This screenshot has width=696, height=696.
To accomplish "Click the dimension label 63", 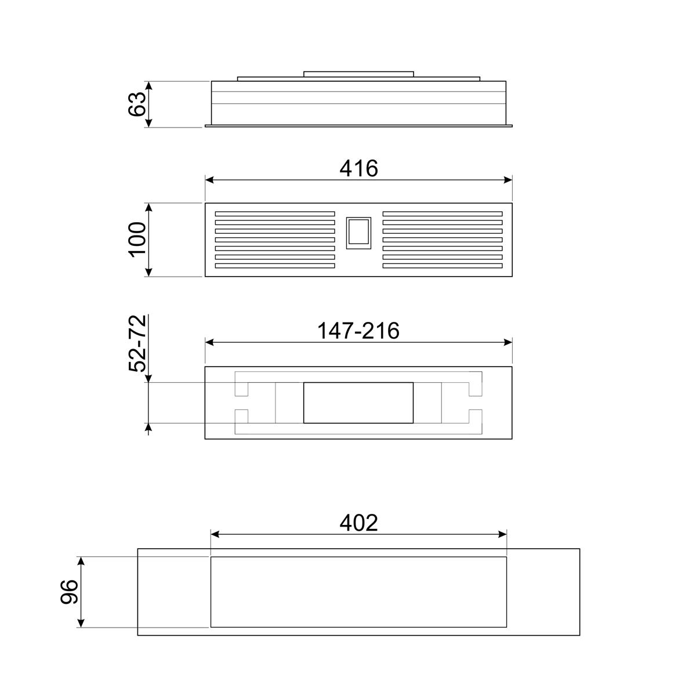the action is click(137, 104).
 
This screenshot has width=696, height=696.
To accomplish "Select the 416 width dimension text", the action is click(358, 168).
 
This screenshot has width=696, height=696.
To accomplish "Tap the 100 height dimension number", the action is click(137, 240).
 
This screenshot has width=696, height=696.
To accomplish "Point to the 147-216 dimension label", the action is click(358, 331).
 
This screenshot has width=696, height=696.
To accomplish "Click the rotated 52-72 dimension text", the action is click(137, 343).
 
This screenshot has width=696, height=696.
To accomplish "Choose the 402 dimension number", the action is click(358, 523).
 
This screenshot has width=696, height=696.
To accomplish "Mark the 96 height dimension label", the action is click(68, 592).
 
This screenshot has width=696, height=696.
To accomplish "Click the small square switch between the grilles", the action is click(358, 233).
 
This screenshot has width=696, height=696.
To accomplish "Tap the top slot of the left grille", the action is click(275, 214).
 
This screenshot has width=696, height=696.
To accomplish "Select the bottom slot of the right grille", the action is click(443, 266).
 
